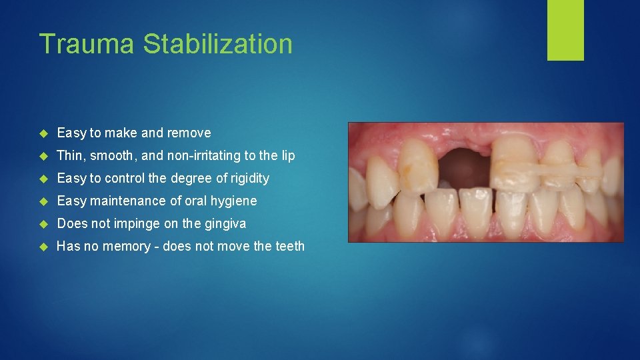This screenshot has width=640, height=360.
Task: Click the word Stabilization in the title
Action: (218, 44)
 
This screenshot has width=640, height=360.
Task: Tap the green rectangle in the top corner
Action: (565, 29)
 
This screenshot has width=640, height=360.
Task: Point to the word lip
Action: (287, 155)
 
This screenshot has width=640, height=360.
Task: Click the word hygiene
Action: (233, 201)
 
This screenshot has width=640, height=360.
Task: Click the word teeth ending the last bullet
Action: (289, 246)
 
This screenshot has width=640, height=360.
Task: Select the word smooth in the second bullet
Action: (114, 155)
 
